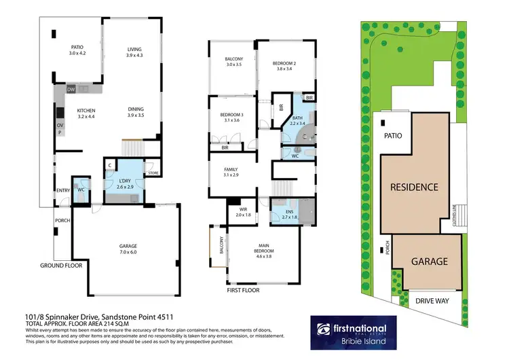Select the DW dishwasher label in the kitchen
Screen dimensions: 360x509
tap(71, 90)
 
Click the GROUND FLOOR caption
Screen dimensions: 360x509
tap(61, 266)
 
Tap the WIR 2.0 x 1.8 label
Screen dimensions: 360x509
tap(243, 212)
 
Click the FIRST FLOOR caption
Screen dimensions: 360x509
tap(242, 290)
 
